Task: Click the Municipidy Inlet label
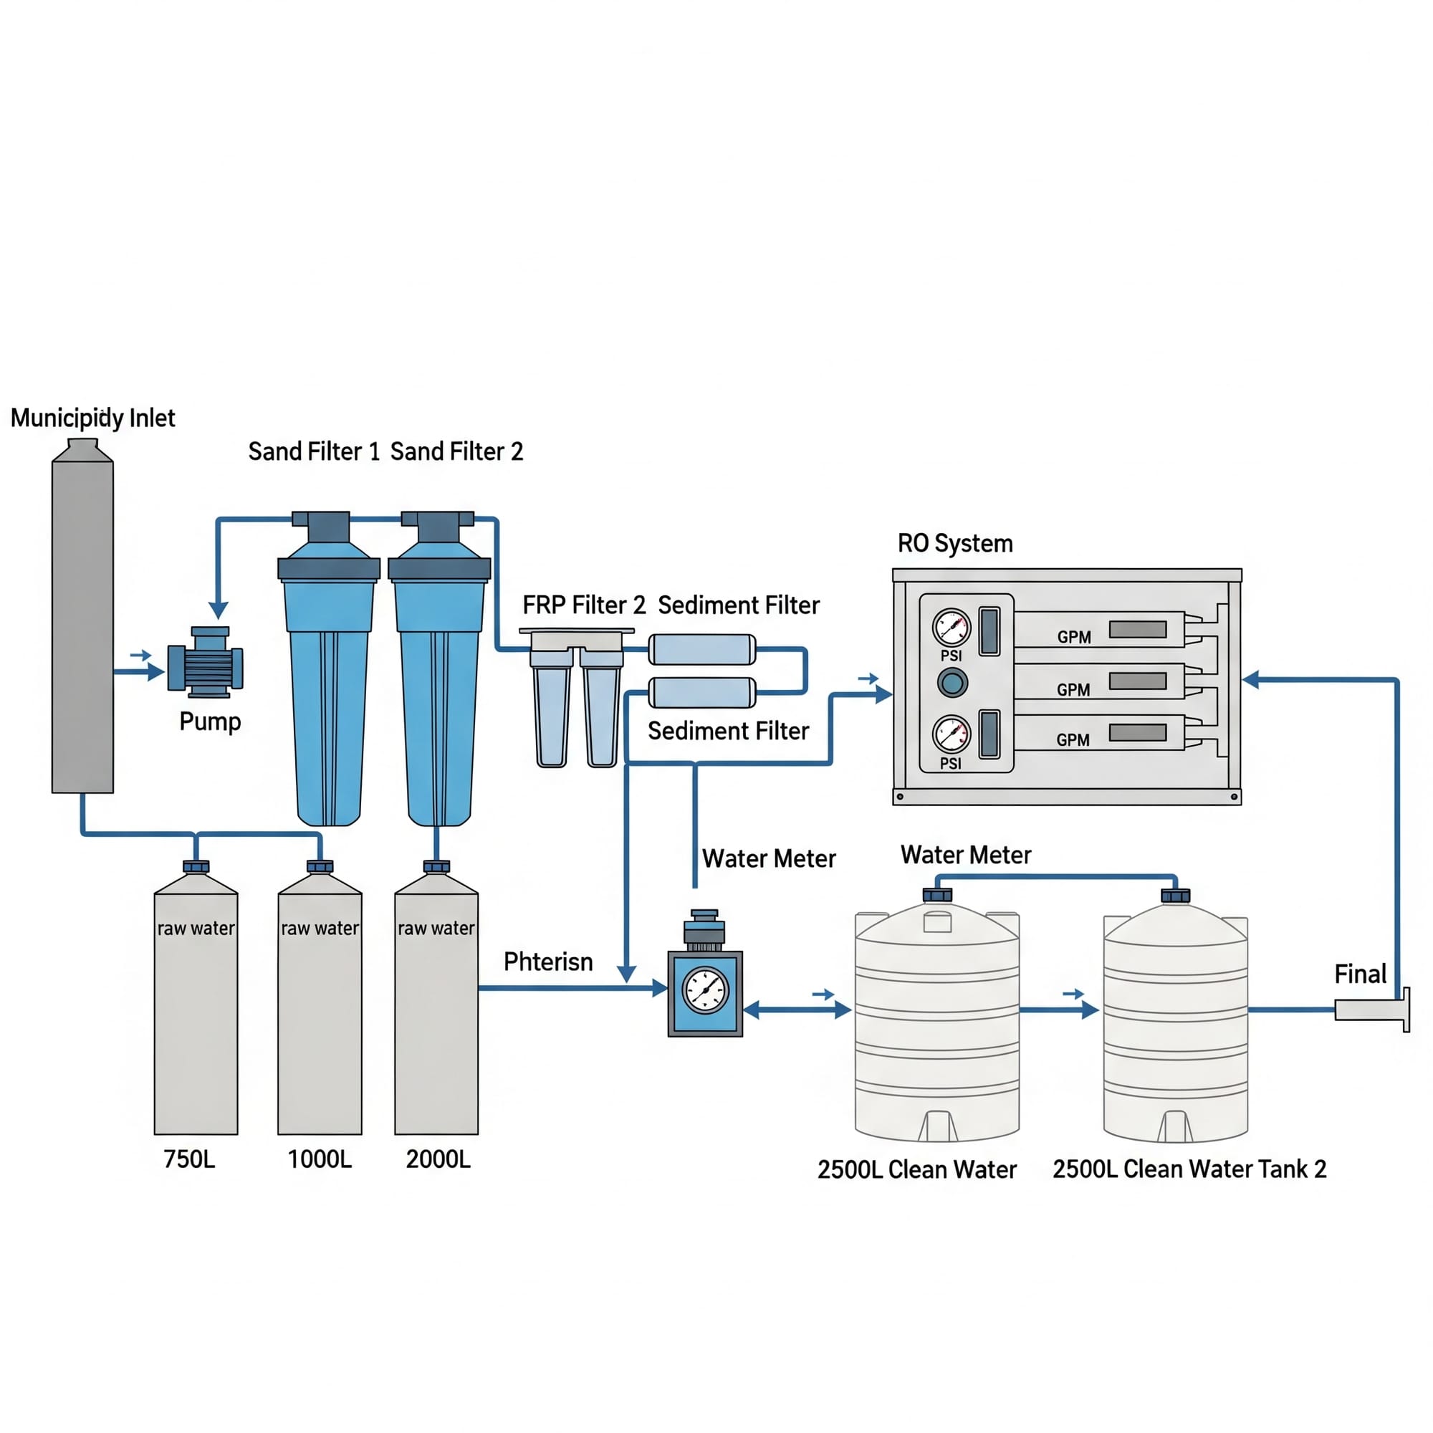pyautogui.click(x=92, y=418)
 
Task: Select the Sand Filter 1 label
pyautogui.click(x=313, y=451)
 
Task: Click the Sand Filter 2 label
pyautogui.click(x=456, y=451)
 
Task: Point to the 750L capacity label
pyautogui.click(x=189, y=1159)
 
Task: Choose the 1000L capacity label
pyautogui.click(x=320, y=1159)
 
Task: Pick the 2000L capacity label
pyautogui.click(x=438, y=1159)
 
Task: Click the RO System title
pyautogui.click(x=954, y=544)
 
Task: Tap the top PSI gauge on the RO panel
pyautogui.click(x=951, y=628)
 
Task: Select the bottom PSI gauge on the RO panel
pyautogui.click(x=951, y=735)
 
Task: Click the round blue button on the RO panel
pyautogui.click(x=952, y=682)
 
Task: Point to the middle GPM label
pyautogui.click(x=1073, y=690)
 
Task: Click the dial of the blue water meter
pyautogui.click(x=705, y=990)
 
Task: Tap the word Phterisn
pyautogui.click(x=548, y=962)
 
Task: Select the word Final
pyautogui.click(x=1360, y=974)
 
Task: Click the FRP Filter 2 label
pyautogui.click(x=584, y=605)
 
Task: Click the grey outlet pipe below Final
pyautogui.click(x=1369, y=1010)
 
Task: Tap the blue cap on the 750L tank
pyautogui.click(x=196, y=866)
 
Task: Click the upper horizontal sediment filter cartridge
pyautogui.click(x=701, y=650)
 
